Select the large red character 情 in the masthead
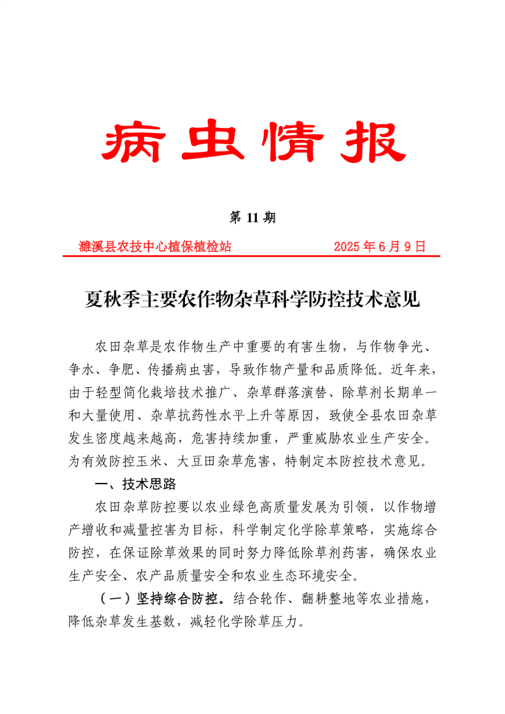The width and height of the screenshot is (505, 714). click(292, 139)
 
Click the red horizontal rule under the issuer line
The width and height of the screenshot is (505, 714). click(253, 256)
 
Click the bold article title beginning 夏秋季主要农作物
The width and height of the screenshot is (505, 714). click(253, 298)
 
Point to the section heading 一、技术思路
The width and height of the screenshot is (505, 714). click(135, 485)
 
